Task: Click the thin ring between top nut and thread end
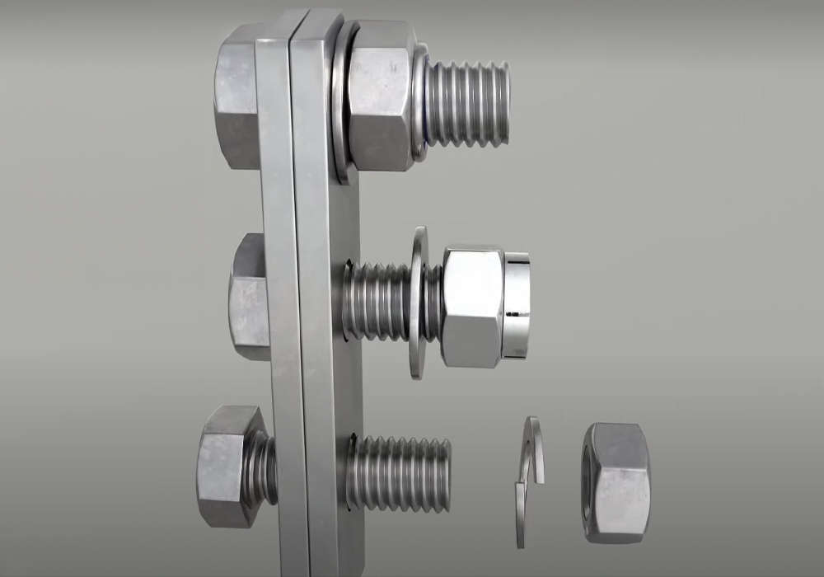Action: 419,103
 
